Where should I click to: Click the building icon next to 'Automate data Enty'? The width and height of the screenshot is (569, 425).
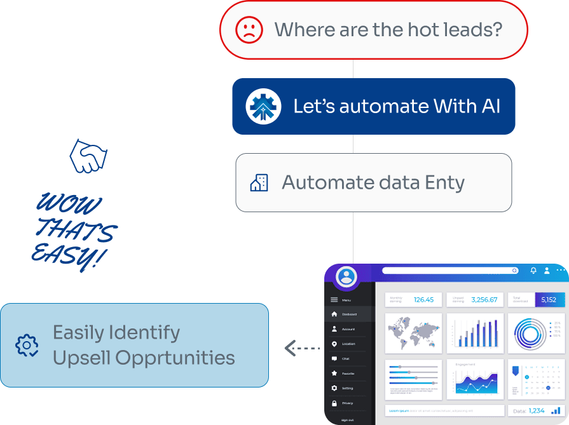pyautogui.click(x=259, y=183)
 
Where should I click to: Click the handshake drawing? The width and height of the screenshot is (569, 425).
pyautogui.click(x=88, y=156)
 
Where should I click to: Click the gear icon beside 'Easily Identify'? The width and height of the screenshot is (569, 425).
pyautogui.click(x=27, y=346)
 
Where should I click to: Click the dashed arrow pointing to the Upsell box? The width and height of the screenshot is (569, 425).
pyautogui.click(x=300, y=348)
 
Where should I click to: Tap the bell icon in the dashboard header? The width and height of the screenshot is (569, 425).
pyautogui.click(x=533, y=271)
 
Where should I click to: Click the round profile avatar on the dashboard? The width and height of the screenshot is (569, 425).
pyautogui.click(x=346, y=276)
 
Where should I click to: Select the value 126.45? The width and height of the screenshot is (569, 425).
pyautogui.click(x=423, y=300)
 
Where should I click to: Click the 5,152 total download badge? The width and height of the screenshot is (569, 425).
pyautogui.click(x=549, y=300)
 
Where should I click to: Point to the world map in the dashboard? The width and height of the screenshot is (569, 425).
pyautogui.click(x=413, y=334)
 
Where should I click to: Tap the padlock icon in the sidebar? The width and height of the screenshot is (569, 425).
pyautogui.click(x=334, y=403)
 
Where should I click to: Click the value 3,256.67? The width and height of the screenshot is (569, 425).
pyautogui.click(x=484, y=300)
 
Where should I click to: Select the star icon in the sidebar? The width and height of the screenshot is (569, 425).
pyautogui.click(x=334, y=374)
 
